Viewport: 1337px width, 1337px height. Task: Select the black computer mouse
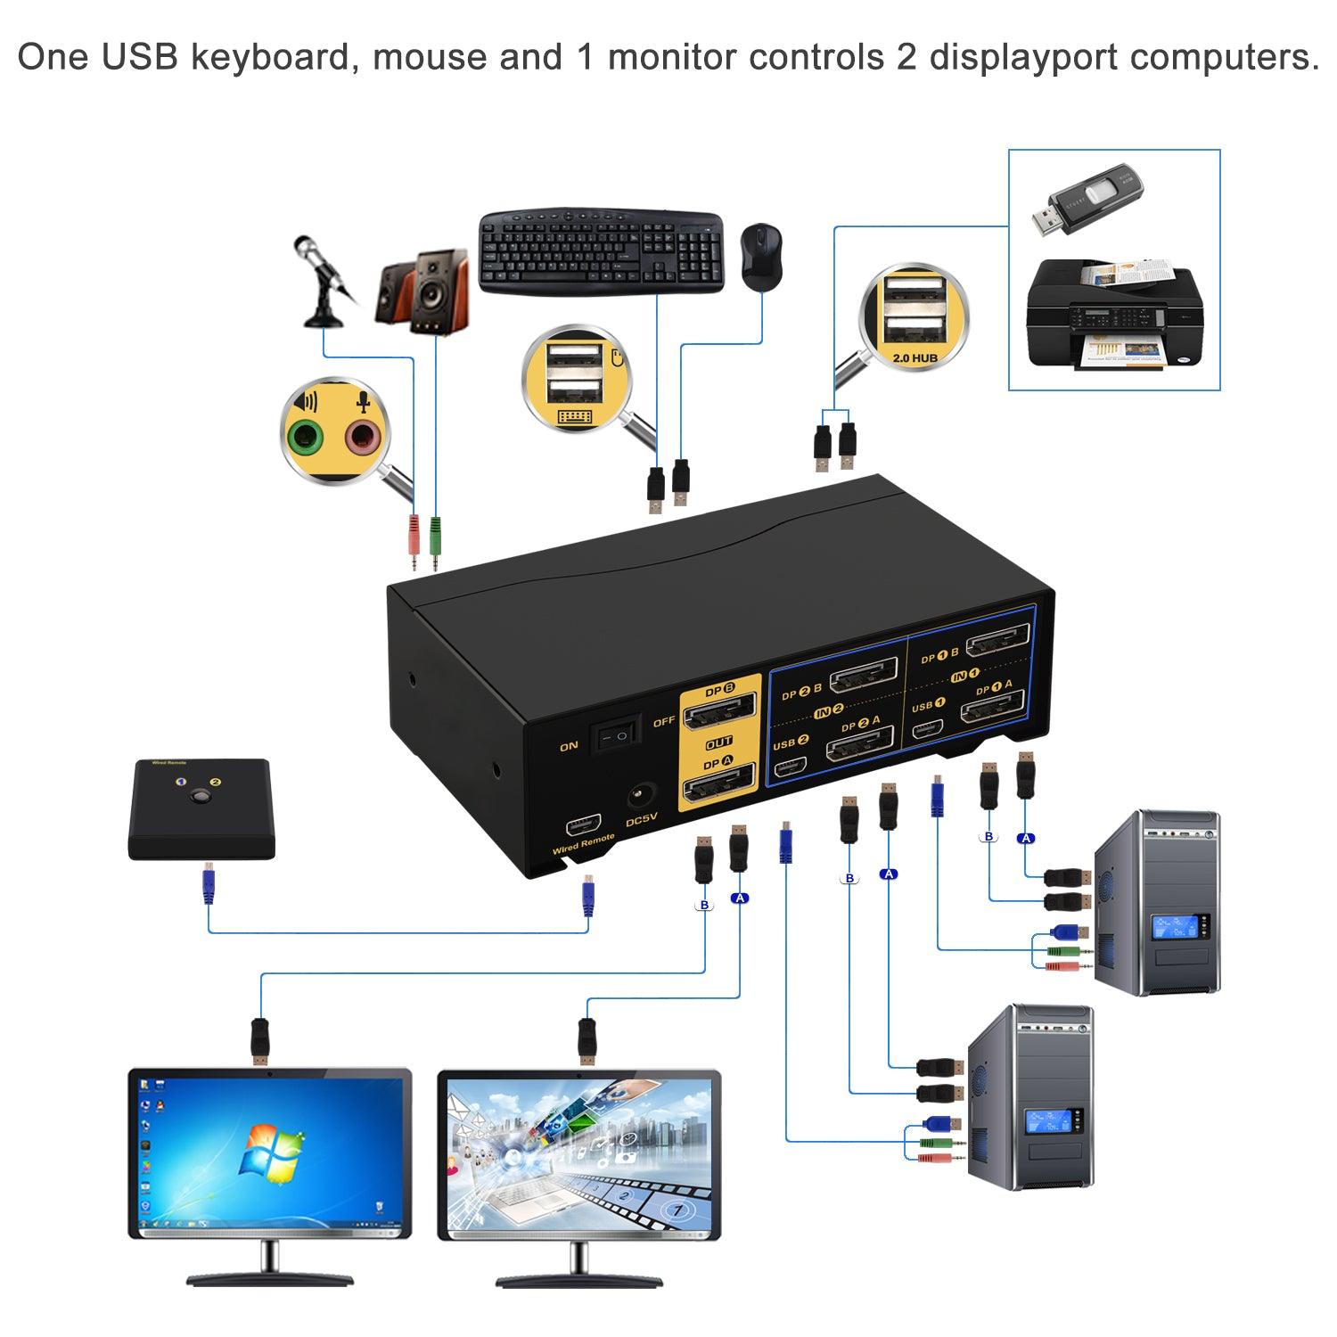click(x=761, y=256)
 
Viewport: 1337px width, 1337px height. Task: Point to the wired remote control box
click(x=201, y=808)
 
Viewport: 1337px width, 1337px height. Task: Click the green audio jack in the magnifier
click(x=305, y=436)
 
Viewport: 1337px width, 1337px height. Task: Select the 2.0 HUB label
click(x=914, y=357)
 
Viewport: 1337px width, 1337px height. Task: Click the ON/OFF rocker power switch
click(x=619, y=734)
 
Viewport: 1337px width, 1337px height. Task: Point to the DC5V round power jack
click(x=643, y=794)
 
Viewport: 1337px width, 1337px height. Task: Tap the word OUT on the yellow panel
click(x=718, y=742)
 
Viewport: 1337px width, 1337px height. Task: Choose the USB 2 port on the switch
click(x=791, y=766)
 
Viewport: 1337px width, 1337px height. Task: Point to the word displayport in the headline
click(x=1023, y=57)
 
